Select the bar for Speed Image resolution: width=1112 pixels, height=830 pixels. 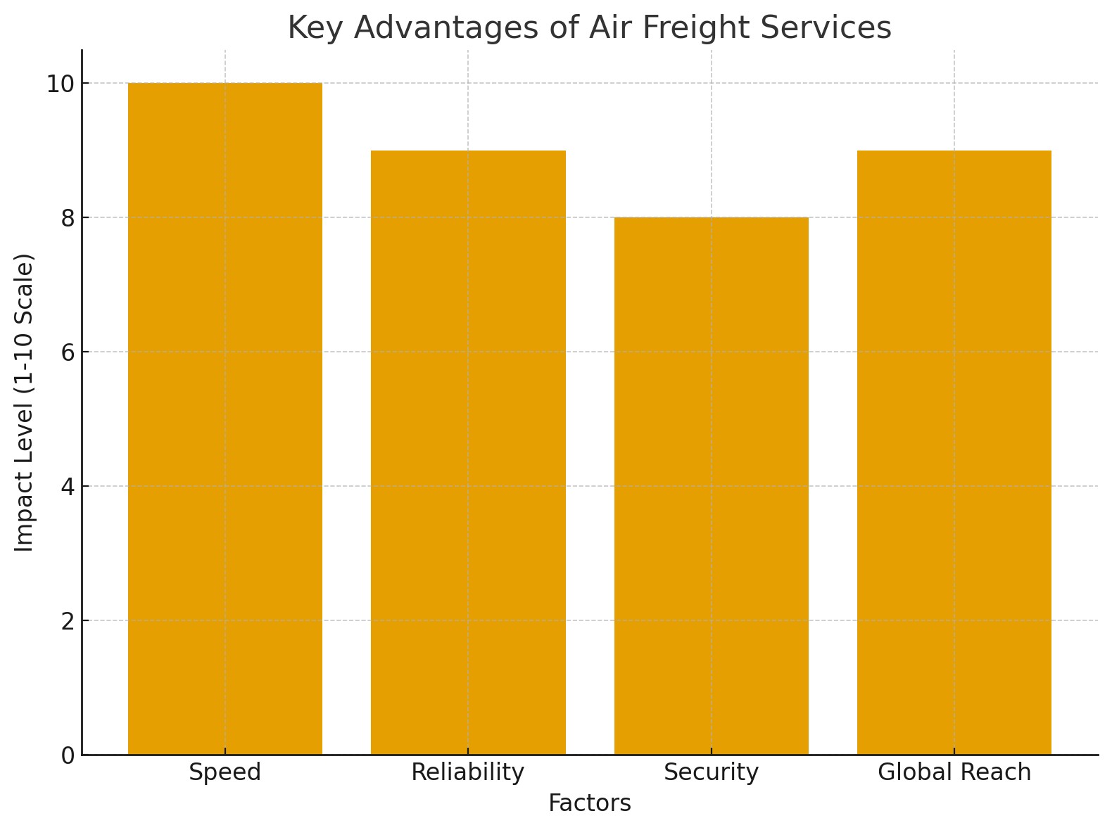(x=225, y=419)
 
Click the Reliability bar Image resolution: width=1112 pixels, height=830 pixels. (x=468, y=452)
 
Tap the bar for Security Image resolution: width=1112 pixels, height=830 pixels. (x=711, y=485)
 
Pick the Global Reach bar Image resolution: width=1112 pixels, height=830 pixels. (x=954, y=452)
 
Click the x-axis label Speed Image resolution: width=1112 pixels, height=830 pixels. (x=225, y=772)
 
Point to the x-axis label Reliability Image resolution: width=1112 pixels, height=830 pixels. (x=468, y=772)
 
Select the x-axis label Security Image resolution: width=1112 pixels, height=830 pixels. (x=711, y=772)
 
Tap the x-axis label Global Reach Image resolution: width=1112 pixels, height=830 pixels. (x=954, y=772)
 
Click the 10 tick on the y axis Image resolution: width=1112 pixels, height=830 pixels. (x=60, y=84)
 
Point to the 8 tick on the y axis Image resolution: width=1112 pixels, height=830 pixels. (x=68, y=218)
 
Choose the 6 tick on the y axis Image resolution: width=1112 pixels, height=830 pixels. (x=68, y=352)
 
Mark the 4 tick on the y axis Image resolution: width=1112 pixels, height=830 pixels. (x=68, y=487)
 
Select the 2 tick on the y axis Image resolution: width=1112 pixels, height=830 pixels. (x=68, y=621)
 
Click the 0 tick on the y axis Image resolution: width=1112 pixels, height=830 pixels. (x=68, y=755)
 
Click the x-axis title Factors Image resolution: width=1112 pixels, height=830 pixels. (x=590, y=803)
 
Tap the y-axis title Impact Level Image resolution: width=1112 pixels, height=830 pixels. (x=25, y=402)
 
